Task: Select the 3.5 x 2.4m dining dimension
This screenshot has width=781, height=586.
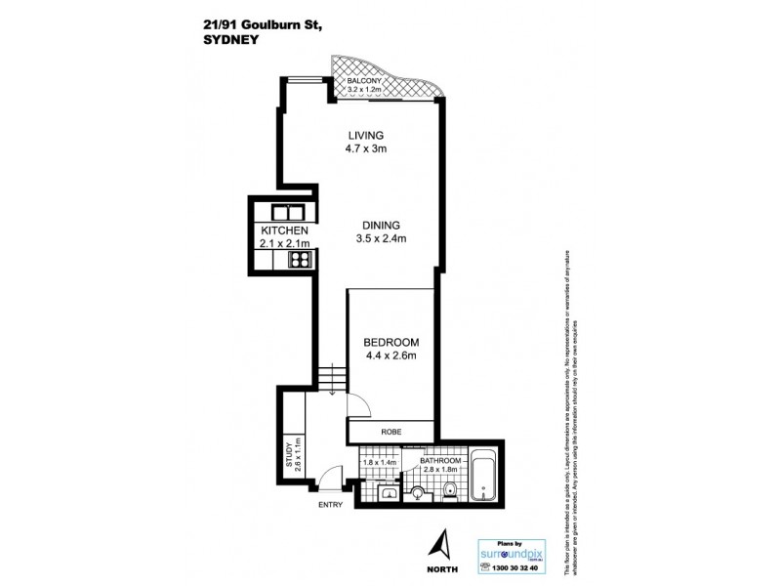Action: (381, 237)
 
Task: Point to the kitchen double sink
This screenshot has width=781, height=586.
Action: (288, 211)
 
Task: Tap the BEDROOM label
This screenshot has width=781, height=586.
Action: (390, 342)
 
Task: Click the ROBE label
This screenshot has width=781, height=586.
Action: (390, 432)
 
